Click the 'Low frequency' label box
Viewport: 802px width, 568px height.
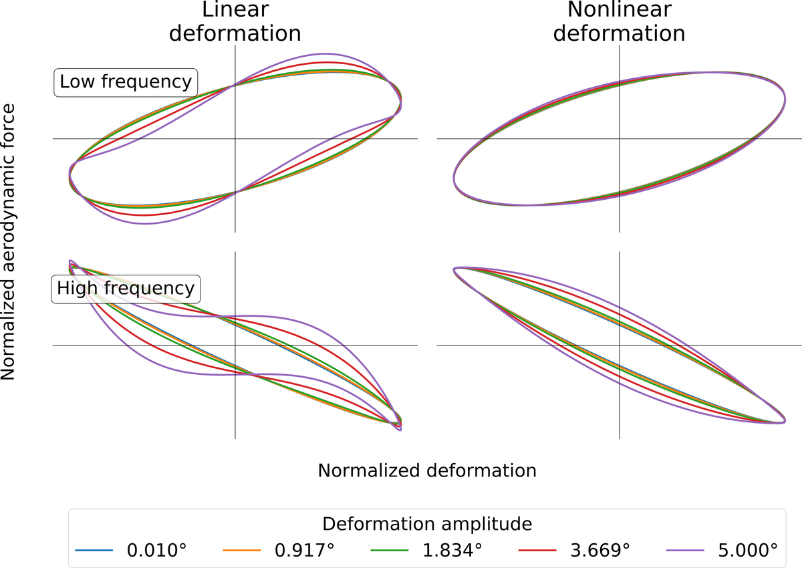[126, 83]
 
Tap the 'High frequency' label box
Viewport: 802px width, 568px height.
[126, 289]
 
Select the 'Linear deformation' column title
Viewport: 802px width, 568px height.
[235, 21]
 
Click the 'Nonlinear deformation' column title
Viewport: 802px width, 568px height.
[620, 21]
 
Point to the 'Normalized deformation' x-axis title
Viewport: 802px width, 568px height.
[427, 470]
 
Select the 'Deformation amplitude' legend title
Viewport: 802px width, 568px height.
[427, 523]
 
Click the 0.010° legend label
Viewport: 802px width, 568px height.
[156, 551]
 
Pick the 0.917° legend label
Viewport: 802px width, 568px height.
[304, 551]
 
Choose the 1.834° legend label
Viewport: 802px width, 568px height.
[452, 551]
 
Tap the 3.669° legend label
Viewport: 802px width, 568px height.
[600, 551]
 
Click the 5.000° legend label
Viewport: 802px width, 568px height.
[748, 551]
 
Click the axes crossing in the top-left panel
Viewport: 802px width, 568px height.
[235, 139]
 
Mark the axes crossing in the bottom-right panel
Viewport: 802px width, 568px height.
[620, 345]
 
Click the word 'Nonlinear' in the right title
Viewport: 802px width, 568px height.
[620, 11]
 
